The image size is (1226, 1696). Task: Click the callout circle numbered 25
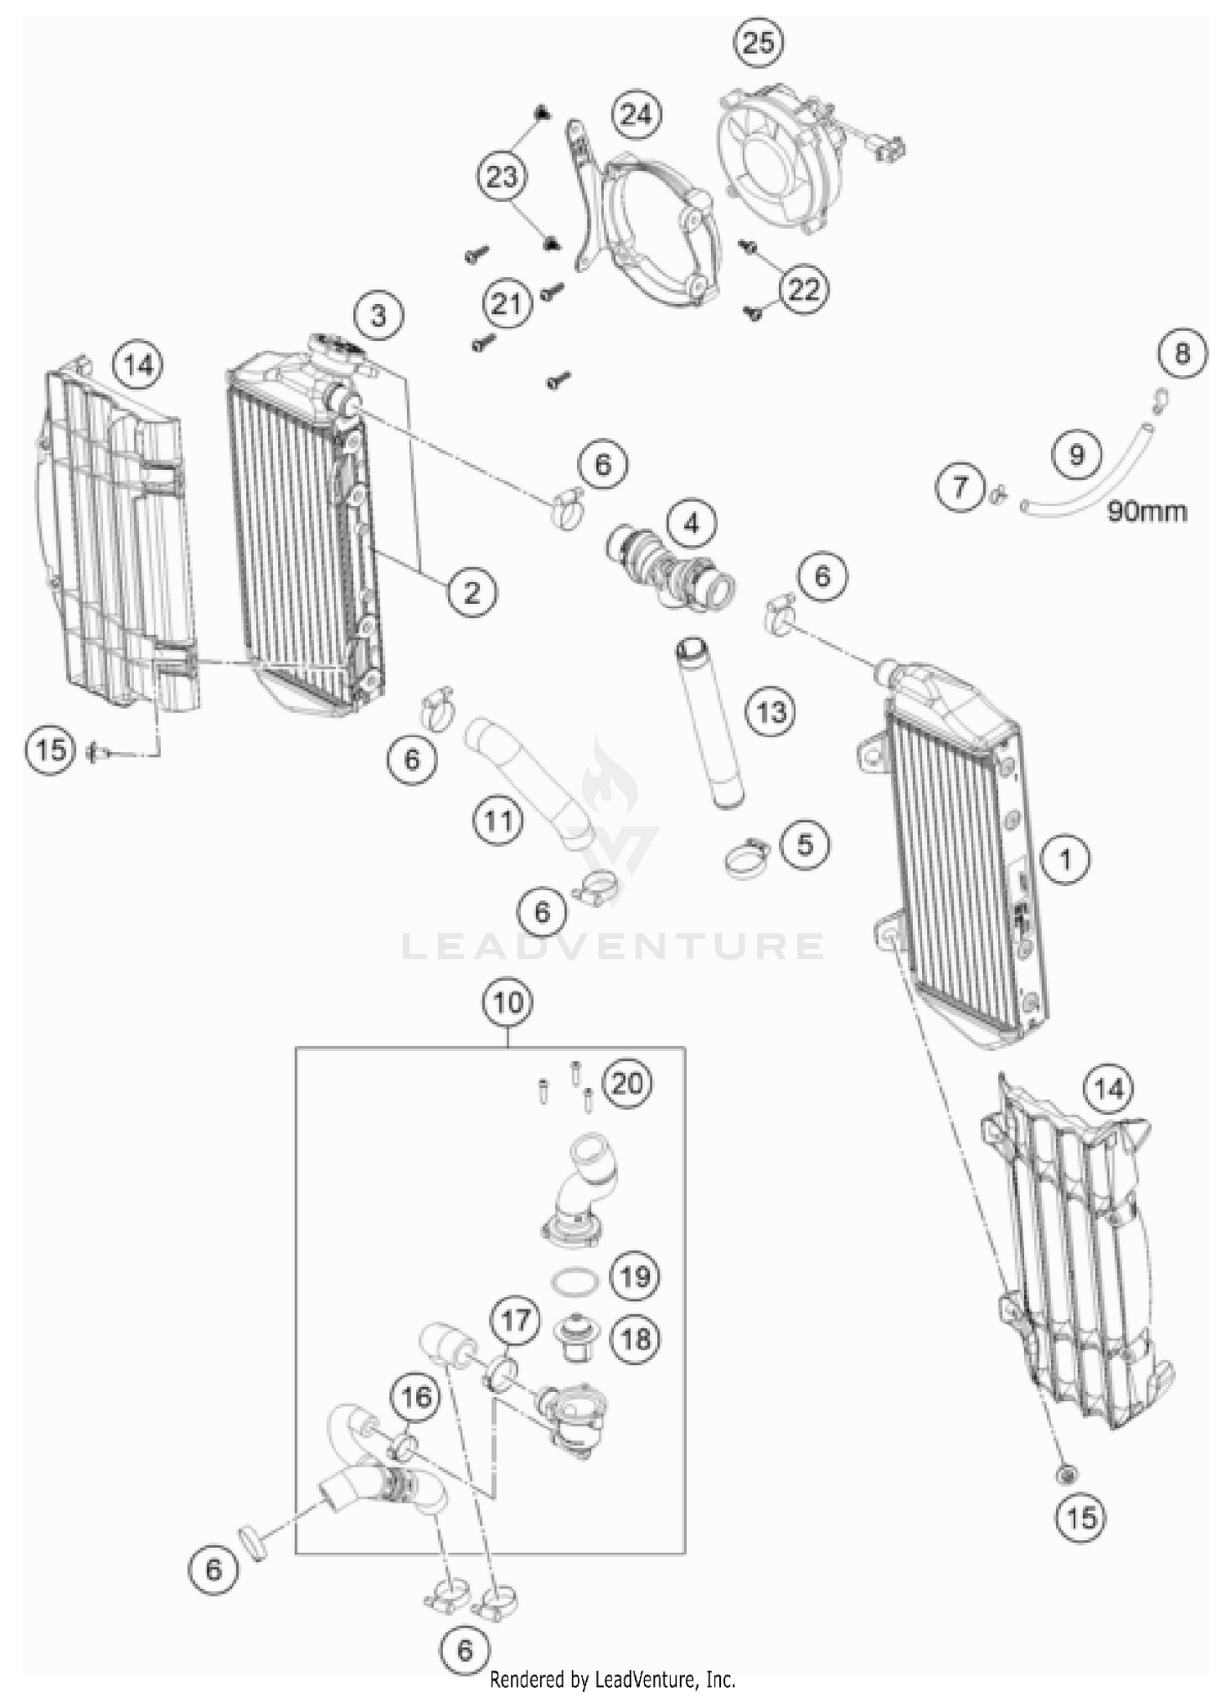[x=758, y=42]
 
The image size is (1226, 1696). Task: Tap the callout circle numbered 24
[x=636, y=114]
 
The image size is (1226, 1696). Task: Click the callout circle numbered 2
[x=472, y=591]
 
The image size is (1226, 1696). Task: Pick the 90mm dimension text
[x=1147, y=512]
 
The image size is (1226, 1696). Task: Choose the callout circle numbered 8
[x=1182, y=354]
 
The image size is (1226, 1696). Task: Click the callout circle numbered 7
[x=960, y=487]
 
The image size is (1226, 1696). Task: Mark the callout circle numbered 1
[x=1065, y=859]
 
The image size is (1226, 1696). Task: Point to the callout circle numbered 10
[x=508, y=1001]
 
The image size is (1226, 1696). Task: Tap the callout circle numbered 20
[x=628, y=1084]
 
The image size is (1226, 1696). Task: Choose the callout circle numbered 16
[x=416, y=1397]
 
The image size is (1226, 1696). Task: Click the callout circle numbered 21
[x=506, y=304]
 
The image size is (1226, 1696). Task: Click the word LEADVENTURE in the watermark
[x=613, y=946]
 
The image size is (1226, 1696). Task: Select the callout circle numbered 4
[x=691, y=522]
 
